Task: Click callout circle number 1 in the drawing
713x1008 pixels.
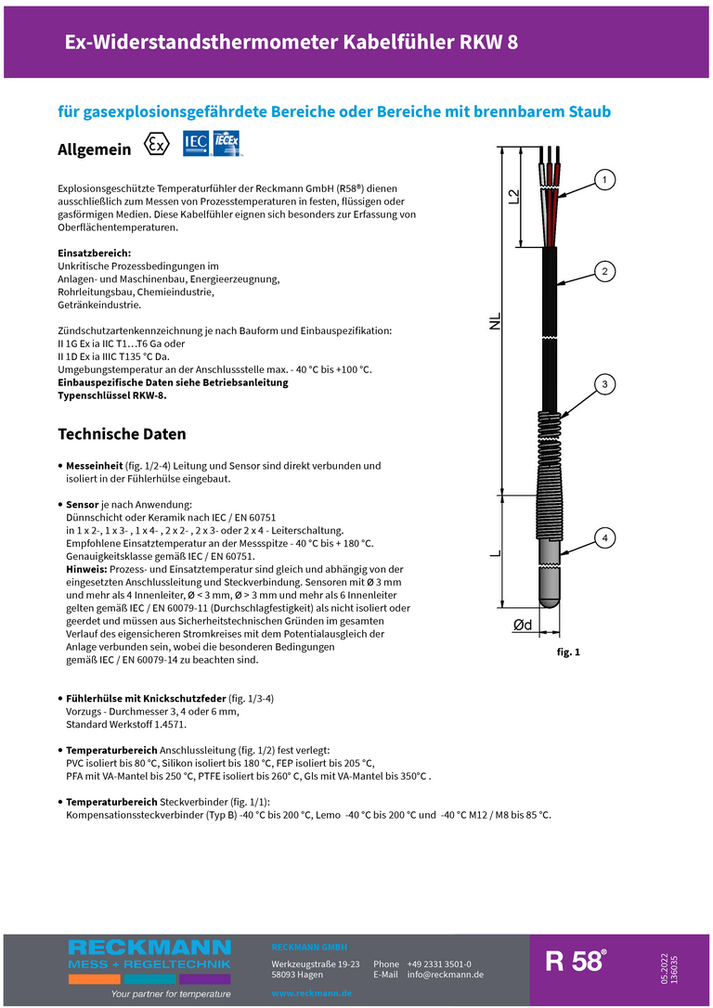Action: point(604,179)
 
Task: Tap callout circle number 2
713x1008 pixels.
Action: point(604,271)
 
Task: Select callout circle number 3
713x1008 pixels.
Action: point(604,383)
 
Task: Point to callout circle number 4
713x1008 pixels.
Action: point(604,537)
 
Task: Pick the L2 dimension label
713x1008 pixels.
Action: point(513,196)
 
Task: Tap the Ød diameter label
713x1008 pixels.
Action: point(522,626)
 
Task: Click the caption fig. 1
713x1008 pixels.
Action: point(568,653)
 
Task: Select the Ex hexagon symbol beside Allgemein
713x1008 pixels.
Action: point(158,146)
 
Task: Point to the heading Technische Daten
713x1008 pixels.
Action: point(122,433)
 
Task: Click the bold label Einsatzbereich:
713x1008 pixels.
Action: point(94,252)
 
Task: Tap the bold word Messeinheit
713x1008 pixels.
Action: point(94,465)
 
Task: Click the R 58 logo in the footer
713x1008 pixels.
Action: point(576,961)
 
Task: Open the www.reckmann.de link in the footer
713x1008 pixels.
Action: point(311,993)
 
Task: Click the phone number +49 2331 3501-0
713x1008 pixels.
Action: point(438,963)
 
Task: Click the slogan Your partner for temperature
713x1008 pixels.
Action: point(171,993)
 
